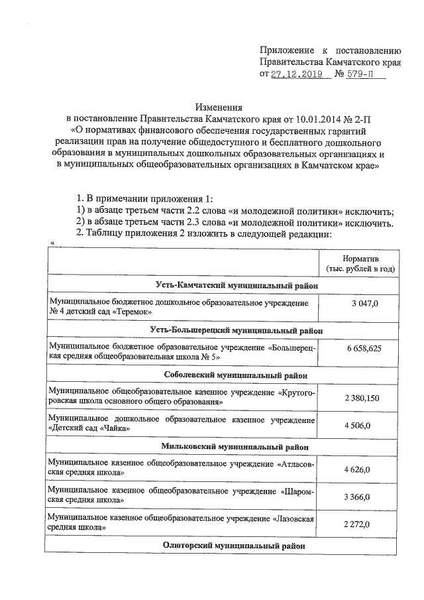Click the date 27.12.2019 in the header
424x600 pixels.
pyautogui.click(x=297, y=74)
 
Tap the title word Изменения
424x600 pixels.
pyautogui.click(x=219, y=107)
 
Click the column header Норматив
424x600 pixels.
pyautogui.click(x=360, y=257)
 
